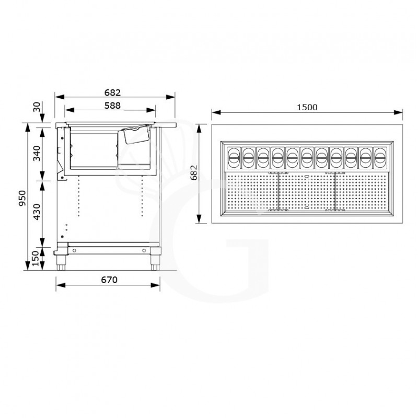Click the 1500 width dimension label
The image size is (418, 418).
tap(307, 107)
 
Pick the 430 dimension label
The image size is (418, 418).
tap(37, 211)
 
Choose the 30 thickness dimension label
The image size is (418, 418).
tap(37, 107)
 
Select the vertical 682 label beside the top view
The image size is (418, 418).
tap(194, 172)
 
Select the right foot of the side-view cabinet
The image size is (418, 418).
tap(156, 261)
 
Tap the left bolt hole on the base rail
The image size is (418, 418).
tap(75, 250)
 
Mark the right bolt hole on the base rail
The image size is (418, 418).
tap(144, 250)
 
